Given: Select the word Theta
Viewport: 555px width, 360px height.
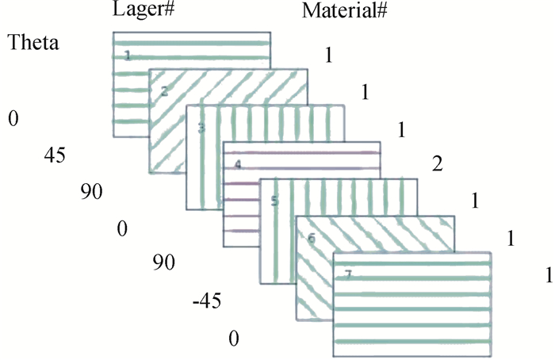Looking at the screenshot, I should pos(33,43).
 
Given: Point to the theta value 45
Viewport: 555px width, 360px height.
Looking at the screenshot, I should pos(55,155).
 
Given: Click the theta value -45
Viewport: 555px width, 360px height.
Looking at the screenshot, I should pos(206,301).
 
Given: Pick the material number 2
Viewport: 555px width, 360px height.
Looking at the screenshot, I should pos(436,164).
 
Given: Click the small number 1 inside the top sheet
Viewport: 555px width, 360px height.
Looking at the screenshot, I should pos(127,56).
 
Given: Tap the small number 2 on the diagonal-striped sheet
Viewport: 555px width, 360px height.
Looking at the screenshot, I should pos(164,91).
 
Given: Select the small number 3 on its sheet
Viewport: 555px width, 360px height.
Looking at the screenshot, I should pos(201,127).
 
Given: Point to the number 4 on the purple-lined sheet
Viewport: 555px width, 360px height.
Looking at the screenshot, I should pos(237,165).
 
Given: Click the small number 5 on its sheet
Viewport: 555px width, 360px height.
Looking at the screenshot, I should pos(274,201).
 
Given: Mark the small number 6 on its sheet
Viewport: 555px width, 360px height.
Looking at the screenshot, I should pos(311,237).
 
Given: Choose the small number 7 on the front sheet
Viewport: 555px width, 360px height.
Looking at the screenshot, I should pos(347,274).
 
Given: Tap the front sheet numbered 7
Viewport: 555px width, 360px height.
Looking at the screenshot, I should pos(412,309).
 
